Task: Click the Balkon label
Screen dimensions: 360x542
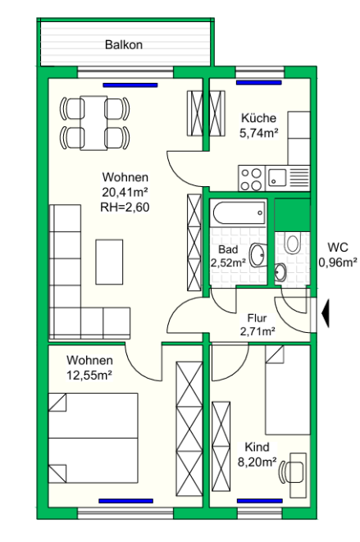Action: click(x=124, y=44)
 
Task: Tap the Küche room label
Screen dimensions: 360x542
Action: click(x=258, y=118)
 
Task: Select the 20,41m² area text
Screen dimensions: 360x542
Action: click(x=125, y=192)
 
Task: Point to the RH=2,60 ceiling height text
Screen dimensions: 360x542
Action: click(x=125, y=207)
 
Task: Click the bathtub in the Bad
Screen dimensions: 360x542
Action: click(x=239, y=213)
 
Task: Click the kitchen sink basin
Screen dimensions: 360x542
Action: click(x=277, y=177)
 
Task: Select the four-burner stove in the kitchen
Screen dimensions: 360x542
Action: click(x=252, y=179)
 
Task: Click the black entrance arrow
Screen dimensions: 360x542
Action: click(x=326, y=313)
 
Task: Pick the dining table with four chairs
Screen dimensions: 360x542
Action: click(x=94, y=123)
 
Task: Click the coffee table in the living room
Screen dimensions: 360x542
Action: click(x=109, y=262)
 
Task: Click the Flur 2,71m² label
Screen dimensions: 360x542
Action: click(x=257, y=325)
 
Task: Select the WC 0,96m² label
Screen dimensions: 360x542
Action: click(x=338, y=255)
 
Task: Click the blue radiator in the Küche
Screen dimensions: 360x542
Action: click(x=259, y=83)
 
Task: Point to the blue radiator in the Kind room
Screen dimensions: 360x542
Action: click(x=260, y=501)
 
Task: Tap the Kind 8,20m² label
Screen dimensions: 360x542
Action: click(x=257, y=454)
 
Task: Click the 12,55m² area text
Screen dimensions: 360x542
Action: click(x=89, y=375)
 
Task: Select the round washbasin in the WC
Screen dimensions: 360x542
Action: click(x=280, y=272)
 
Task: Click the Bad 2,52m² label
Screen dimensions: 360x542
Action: click(x=228, y=256)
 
